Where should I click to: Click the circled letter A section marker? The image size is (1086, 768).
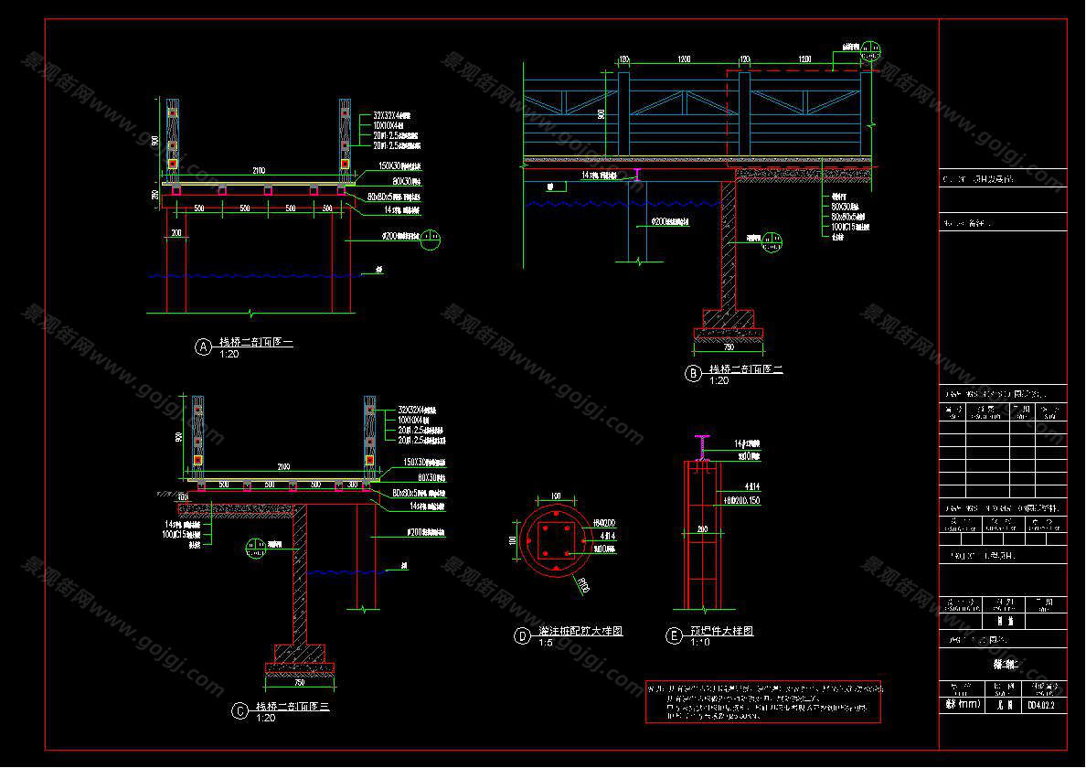pyautogui.click(x=203, y=346)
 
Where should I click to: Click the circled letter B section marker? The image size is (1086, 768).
pyautogui.click(x=693, y=372)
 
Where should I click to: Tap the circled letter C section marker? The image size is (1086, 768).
pyautogui.click(x=240, y=710)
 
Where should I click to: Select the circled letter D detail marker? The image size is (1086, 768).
pyautogui.click(x=522, y=636)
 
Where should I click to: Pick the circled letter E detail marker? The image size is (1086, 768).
pyautogui.click(x=674, y=636)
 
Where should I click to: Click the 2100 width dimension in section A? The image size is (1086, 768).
pyautogui.click(x=259, y=171)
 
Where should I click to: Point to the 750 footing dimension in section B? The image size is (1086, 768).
pyautogui.click(x=728, y=347)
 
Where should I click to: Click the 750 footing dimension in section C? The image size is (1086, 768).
pyautogui.click(x=299, y=683)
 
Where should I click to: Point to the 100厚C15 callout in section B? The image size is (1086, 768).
pyautogui.click(x=846, y=227)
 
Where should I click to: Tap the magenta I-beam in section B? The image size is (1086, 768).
pyautogui.click(x=638, y=172)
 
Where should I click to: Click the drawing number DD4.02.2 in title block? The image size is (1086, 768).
pyautogui.click(x=1041, y=705)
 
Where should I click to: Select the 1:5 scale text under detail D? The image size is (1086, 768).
pyautogui.click(x=520, y=644)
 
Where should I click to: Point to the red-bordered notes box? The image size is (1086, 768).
pyautogui.click(x=764, y=702)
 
